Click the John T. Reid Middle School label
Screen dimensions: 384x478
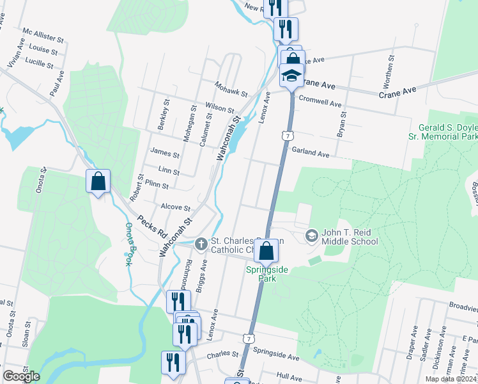350,236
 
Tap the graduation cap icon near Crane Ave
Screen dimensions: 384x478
291,75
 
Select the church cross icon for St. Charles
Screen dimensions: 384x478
201,243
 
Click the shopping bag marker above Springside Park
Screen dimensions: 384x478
266,251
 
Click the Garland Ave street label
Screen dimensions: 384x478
311,154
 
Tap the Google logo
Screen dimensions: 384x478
21,376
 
